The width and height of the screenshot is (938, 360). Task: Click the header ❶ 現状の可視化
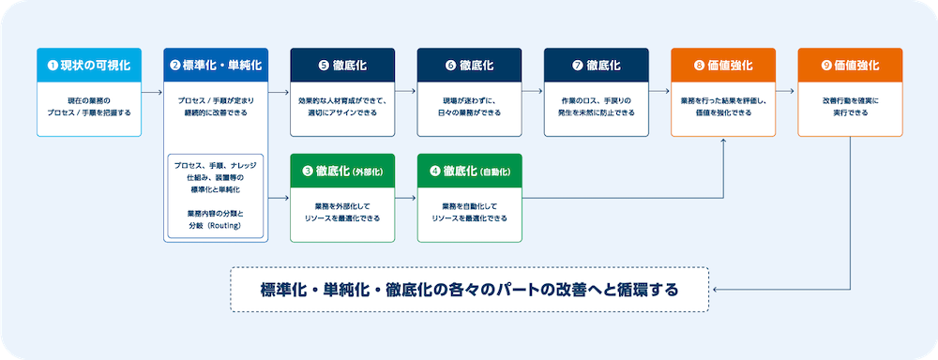pyautogui.click(x=89, y=66)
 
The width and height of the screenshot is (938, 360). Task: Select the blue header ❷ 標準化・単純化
pyautogui.click(x=216, y=66)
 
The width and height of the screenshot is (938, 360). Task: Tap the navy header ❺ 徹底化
pyautogui.click(x=342, y=66)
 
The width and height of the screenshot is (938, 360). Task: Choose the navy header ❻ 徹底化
pyautogui.click(x=470, y=66)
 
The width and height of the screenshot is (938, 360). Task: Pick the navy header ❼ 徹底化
pyautogui.click(x=597, y=66)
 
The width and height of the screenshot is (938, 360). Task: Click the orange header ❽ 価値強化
pyautogui.click(x=723, y=66)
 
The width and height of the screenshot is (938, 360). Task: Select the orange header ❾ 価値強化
pyautogui.click(x=850, y=66)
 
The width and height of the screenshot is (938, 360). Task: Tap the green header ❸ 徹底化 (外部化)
pyautogui.click(x=342, y=171)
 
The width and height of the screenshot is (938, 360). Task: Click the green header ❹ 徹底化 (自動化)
pyautogui.click(x=470, y=171)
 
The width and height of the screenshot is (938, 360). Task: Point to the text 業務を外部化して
pyautogui.click(x=342, y=206)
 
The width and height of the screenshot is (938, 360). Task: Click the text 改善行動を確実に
pyautogui.click(x=850, y=100)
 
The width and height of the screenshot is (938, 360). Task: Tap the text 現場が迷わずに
pyautogui.click(x=470, y=100)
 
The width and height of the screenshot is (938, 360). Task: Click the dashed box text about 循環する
pyautogui.click(x=470, y=290)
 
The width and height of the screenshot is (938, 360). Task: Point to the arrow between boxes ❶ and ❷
pyautogui.click(x=153, y=92)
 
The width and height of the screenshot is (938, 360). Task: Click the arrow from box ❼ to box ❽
pyautogui.click(x=659, y=92)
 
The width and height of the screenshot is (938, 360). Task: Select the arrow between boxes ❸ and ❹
pyautogui.click(x=406, y=198)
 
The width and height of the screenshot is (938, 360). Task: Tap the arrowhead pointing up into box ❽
pyautogui.click(x=724, y=141)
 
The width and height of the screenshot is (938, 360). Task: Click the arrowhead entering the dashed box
pyautogui.click(x=714, y=290)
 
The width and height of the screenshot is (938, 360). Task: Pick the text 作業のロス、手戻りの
pyautogui.click(x=597, y=100)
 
